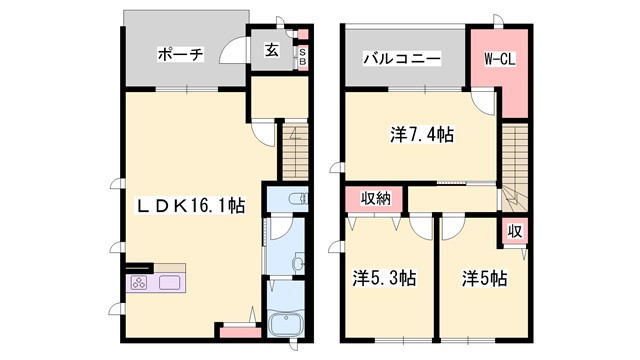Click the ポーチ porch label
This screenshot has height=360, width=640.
180,55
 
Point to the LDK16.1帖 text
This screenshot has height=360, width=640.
191,205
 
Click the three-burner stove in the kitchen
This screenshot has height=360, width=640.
138,283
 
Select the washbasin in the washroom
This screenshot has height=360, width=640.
297,262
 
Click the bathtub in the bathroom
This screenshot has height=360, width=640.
287,325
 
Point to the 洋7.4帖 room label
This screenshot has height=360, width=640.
421,133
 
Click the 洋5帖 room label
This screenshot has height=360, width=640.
484,279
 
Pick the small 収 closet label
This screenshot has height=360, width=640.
512,231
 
